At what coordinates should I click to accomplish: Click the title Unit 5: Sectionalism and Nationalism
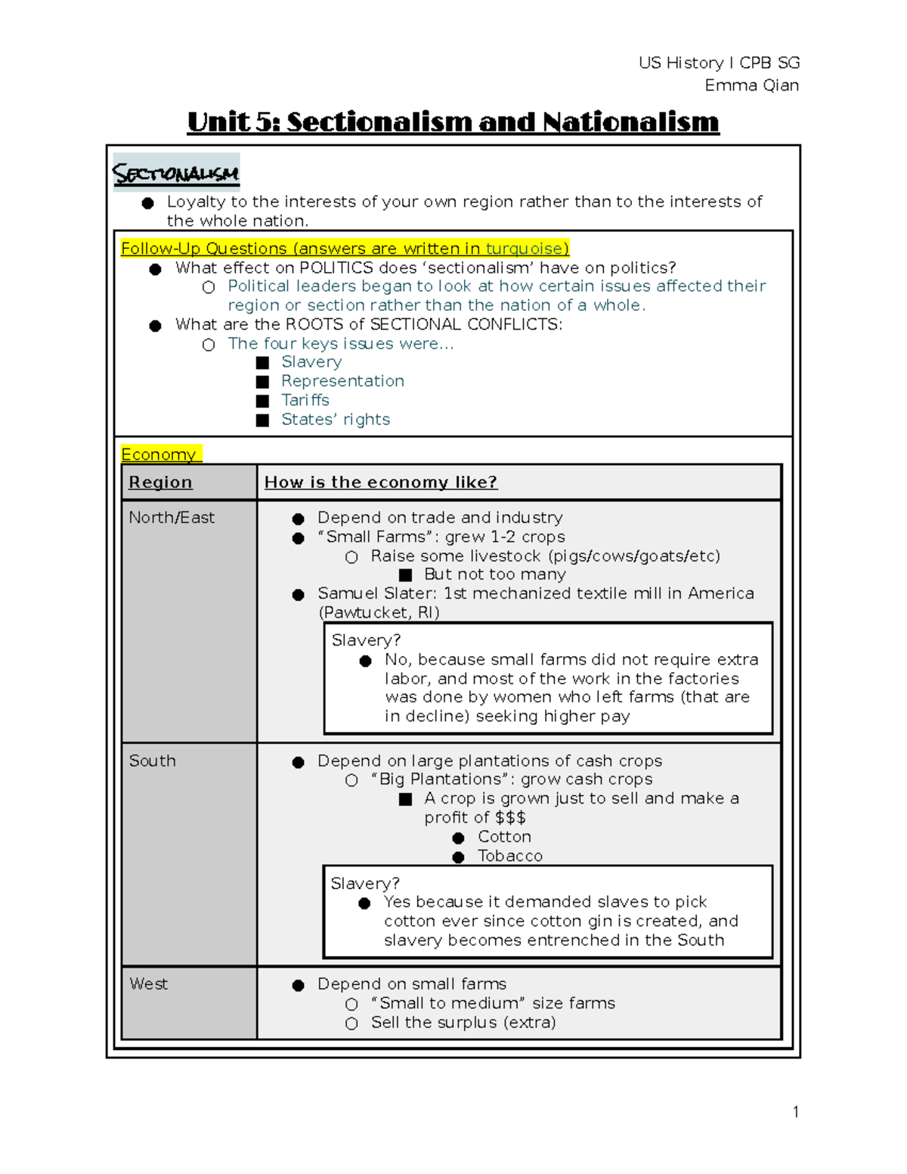[x=453, y=122]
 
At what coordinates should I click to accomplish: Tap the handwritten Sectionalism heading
[x=175, y=173]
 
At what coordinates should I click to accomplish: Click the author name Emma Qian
[x=751, y=85]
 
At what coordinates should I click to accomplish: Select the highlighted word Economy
[x=159, y=454]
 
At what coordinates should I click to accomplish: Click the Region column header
[x=160, y=482]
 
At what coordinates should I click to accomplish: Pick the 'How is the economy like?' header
[x=380, y=482]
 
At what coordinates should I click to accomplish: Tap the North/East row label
[x=172, y=518]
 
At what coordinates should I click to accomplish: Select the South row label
[x=152, y=761]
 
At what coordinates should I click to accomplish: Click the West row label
[x=148, y=984]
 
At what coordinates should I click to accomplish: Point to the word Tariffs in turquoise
[x=305, y=400]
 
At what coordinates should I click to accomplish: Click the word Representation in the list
[x=342, y=381]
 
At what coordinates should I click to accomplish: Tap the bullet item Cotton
[x=504, y=837]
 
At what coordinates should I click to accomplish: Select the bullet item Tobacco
[x=510, y=856]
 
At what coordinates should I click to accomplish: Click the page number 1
[x=795, y=1111]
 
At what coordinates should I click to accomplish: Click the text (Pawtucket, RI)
[x=379, y=612]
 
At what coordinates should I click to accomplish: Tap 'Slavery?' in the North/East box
[x=366, y=640]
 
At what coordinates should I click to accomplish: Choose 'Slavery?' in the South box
[x=365, y=884]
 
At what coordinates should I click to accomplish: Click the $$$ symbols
[x=510, y=818]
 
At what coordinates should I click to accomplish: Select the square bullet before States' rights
[x=262, y=420]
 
